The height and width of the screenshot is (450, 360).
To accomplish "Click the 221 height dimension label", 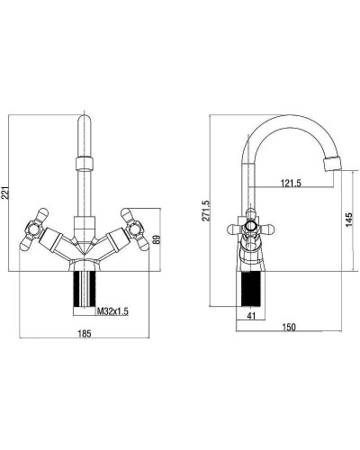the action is tap(5, 193).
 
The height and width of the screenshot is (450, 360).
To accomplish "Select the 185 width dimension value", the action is tap(85, 333).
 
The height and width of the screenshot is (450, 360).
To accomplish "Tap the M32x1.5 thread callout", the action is tap(112, 311).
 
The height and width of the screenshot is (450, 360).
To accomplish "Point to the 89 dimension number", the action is tap(157, 239).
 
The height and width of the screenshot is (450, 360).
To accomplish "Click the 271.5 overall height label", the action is tap(206, 211).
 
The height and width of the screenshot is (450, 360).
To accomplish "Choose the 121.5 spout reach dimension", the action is tap(291, 183).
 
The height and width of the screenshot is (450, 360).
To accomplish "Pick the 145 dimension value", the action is tap(348, 220).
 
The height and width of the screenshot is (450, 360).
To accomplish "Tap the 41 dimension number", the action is tap(251, 316).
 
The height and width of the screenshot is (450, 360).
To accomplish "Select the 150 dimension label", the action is tap(289, 327).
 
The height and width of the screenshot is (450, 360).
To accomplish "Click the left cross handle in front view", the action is tap(33, 229).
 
